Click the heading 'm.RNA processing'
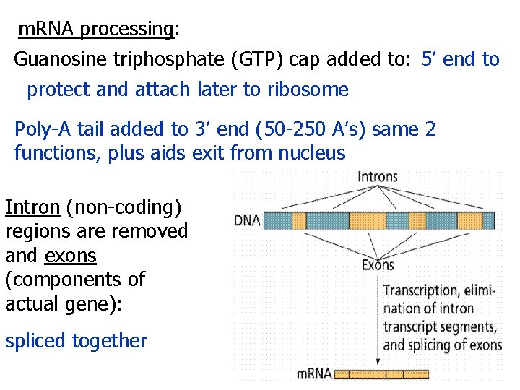97,30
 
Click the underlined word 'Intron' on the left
32,207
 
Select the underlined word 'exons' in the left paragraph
70,255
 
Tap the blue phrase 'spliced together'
76,341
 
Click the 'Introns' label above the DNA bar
377,177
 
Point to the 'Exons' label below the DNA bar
378,265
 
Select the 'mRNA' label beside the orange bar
315,374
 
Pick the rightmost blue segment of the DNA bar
488,220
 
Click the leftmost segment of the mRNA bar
352,374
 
